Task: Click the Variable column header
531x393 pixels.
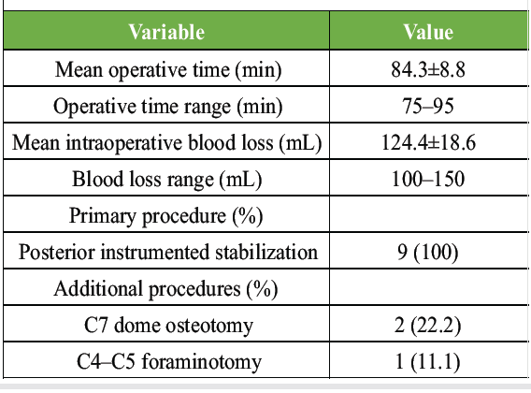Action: tap(166, 32)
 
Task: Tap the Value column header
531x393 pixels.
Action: tap(428, 32)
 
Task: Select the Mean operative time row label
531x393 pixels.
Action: tap(168, 70)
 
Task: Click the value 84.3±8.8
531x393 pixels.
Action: tap(428, 69)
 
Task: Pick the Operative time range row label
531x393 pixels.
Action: tap(168, 107)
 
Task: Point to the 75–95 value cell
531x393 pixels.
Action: tap(428, 106)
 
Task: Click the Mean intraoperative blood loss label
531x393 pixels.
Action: tap(167, 143)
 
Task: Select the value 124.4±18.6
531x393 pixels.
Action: tap(428, 142)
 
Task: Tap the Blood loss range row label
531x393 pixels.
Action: tap(167, 180)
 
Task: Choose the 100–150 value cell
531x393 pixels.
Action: tap(428, 179)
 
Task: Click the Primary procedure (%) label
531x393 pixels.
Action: tap(166, 216)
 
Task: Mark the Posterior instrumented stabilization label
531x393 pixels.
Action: tap(168, 253)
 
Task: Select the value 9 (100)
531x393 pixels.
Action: tap(428, 253)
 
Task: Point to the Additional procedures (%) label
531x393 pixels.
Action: tap(166, 289)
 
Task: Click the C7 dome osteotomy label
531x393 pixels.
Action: tap(168, 326)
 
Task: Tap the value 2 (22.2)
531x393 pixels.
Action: tap(428, 326)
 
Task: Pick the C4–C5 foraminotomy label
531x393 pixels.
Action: tap(169, 362)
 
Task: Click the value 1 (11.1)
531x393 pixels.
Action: tap(428, 362)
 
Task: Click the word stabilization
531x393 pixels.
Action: tap(266, 253)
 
